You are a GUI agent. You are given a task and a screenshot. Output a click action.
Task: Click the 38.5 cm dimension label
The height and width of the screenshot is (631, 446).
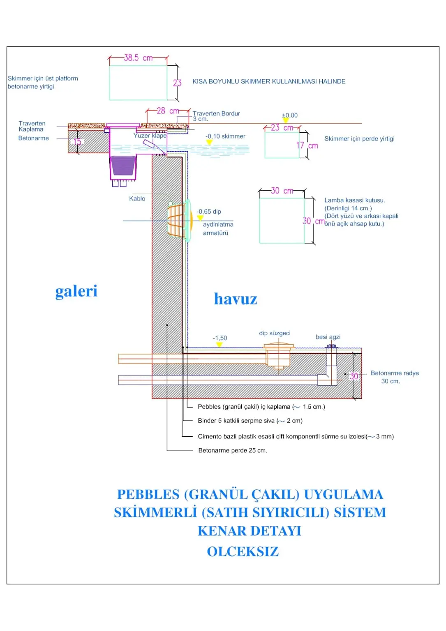click(138, 58)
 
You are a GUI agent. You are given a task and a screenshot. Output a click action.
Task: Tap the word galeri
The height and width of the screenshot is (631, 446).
click(76, 291)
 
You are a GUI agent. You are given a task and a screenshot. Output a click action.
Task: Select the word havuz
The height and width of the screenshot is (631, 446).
click(236, 299)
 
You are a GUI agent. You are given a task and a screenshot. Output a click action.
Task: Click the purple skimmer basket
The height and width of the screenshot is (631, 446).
click(123, 166)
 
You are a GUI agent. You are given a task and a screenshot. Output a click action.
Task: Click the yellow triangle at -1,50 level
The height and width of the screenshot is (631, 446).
click(220, 344)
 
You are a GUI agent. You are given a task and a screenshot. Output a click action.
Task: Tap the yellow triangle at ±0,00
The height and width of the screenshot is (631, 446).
click(286, 120)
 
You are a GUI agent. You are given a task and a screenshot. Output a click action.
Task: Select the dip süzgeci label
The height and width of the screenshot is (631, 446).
click(275, 333)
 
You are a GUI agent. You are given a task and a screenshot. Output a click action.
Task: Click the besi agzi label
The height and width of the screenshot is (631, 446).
click(328, 337)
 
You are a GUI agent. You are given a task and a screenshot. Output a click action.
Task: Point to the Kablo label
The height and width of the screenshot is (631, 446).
click(137, 198)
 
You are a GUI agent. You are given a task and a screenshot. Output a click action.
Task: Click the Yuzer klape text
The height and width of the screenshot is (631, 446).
click(150, 136)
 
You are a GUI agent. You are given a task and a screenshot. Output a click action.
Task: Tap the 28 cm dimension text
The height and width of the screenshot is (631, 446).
click(168, 111)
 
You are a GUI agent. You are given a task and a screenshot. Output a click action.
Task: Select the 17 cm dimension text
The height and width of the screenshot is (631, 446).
click(307, 146)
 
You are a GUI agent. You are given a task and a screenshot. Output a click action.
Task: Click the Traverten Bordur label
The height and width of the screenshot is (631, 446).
click(216, 113)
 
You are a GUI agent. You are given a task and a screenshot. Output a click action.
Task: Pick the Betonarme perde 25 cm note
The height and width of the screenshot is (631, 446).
click(233, 450)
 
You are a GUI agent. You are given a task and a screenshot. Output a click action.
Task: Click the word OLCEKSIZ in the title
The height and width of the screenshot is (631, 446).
click(243, 552)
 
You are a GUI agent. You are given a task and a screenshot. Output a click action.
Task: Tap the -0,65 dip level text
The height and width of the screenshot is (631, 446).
click(209, 212)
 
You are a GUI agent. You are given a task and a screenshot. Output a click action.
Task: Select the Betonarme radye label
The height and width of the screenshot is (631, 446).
click(395, 373)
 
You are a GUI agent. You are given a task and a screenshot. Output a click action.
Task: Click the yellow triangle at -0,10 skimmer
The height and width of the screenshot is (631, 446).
click(209, 143)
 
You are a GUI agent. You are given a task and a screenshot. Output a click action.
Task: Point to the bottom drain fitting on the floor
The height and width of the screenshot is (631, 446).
click(279, 355)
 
